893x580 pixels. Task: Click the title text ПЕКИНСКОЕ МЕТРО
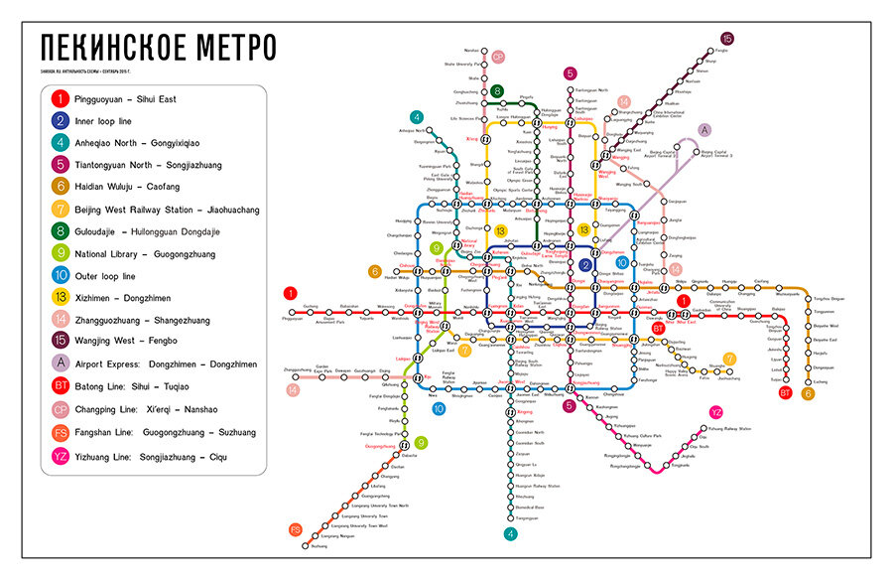pos(159,48)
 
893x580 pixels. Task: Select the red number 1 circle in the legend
pos(61,98)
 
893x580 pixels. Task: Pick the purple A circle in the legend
pos(61,364)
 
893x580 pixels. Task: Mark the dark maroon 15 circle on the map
pos(727,39)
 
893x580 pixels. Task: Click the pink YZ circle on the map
pos(716,411)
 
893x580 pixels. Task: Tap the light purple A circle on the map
pos(703,130)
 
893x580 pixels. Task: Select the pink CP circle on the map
pos(498,57)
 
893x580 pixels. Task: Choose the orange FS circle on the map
pos(295,529)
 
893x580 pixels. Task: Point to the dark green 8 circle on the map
pos(496,91)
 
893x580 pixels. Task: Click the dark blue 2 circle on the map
pos(585,265)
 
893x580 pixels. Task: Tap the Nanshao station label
pos(471,49)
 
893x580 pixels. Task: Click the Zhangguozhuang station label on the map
pos(297,369)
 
